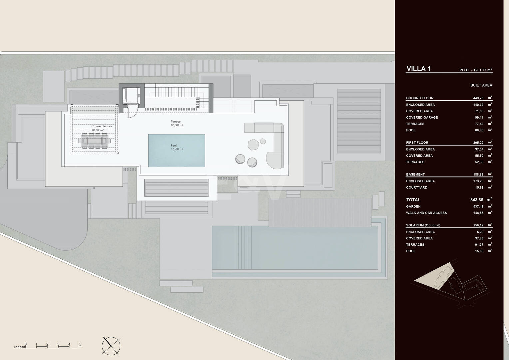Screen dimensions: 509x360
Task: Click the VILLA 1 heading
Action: pyautogui.click(x=419, y=69)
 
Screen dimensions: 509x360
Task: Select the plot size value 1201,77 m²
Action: pyautogui.click(x=482, y=70)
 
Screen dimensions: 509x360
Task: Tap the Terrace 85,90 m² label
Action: pyautogui.click(x=177, y=123)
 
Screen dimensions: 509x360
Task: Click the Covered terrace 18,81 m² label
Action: pyautogui.click(x=102, y=128)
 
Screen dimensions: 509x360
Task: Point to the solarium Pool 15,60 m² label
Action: pyautogui.click(x=177, y=147)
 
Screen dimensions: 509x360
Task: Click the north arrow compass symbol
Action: pyautogui.click(x=111, y=346)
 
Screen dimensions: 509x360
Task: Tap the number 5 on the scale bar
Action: pyautogui.click(x=80, y=344)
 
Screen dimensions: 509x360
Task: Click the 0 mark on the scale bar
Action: pyautogui.click(x=25, y=344)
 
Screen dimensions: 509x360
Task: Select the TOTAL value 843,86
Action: pyautogui.click(x=477, y=200)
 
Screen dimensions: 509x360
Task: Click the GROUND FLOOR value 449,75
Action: pyautogui.click(x=478, y=98)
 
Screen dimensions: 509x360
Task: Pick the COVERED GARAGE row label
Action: pyautogui.click(x=422, y=118)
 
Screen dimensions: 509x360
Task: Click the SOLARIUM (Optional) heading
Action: pyautogui.click(x=423, y=225)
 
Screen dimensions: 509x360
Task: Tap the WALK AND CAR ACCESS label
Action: pyautogui.click(x=426, y=213)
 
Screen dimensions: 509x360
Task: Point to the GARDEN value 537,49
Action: pyautogui.click(x=478, y=206)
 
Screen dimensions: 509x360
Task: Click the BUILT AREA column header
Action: pyautogui.click(x=481, y=85)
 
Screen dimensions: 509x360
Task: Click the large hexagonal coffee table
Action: pyautogui.click(x=254, y=145)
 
